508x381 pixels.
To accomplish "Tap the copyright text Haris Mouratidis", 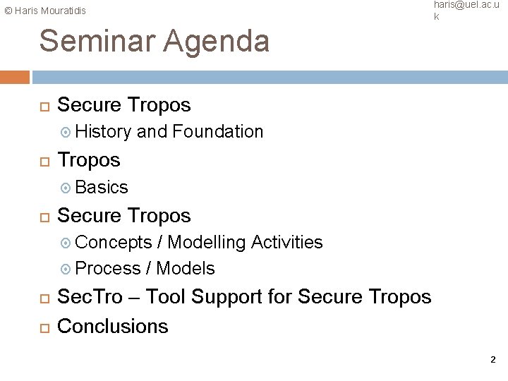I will click(44, 11).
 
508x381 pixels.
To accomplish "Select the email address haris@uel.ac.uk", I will click(464, 9).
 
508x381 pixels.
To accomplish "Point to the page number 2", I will click(492, 361).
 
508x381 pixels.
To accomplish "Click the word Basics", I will click(101, 187).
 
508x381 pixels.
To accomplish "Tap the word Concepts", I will click(113, 243).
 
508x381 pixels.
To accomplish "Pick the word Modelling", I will click(206, 243).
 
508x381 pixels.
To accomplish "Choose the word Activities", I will click(287, 243).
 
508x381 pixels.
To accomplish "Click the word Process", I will click(107, 268).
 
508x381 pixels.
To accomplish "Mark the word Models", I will click(186, 268).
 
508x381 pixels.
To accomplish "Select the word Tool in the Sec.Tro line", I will click(168, 298).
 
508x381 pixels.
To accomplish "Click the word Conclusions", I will click(112, 326).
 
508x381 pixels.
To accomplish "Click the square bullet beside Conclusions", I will click(44, 327).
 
